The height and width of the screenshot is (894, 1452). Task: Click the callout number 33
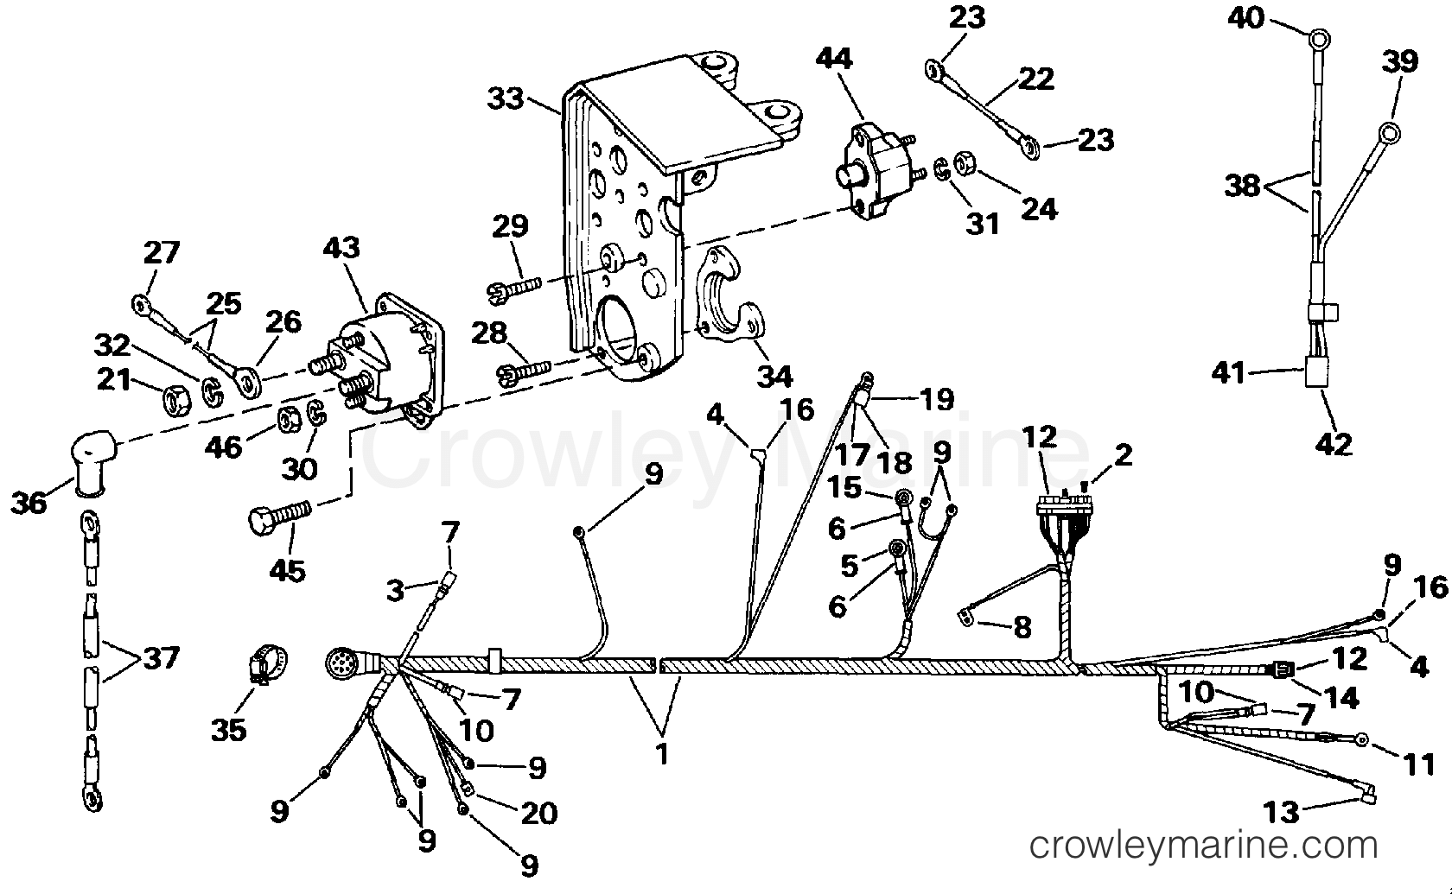tap(506, 99)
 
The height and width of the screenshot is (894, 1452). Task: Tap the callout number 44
tap(834, 59)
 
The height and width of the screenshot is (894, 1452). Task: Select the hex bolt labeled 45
tap(280, 517)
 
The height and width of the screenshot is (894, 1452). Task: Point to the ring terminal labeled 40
tap(1319, 40)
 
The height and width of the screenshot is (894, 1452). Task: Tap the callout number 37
tap(161, 658)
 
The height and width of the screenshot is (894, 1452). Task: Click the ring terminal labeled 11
tap(1361, 739)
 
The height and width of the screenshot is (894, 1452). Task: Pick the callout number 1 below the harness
tap(662, 753)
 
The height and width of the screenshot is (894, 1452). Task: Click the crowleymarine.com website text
tap(1203, 845)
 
